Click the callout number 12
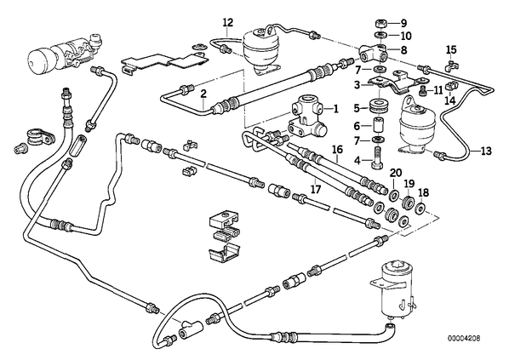tap(228, 23)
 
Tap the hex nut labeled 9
tap(380, 24)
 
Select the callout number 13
tap(486, 151)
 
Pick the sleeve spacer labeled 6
tap(378, 125)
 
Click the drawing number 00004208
tap(464, 338)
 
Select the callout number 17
tap(316, 189)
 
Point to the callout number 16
tap(337, 150)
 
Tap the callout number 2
tap(203, 94)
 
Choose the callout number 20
tap(396, 173)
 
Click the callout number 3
tap(357, 85)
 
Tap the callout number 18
tap(424, 193)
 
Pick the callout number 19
tap(409, 184)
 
